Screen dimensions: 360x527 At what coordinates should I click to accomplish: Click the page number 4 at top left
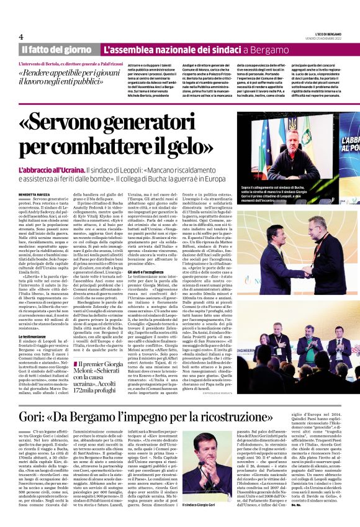tap(21, 36)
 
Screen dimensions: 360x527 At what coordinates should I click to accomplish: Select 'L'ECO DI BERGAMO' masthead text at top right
tap(321, 32)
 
